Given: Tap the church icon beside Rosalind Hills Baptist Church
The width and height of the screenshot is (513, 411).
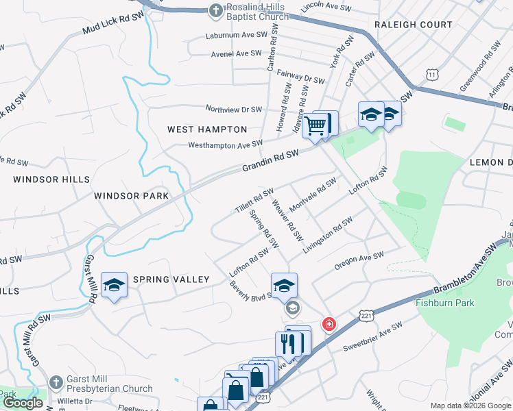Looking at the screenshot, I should (x=215, y=10).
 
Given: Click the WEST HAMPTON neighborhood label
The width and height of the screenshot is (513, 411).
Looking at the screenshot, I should (x=207, y=129).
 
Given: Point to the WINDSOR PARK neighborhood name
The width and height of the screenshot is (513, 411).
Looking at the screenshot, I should (x=131, y=196).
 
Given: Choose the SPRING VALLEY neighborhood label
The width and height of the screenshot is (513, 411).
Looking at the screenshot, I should (x=171, y=279).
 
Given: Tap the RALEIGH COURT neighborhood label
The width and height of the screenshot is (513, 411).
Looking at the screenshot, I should (x=414, y=25).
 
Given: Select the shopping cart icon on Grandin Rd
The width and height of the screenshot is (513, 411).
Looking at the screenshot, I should (x=315, y=126).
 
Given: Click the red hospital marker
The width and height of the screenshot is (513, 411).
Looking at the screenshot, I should (x=329, y=323).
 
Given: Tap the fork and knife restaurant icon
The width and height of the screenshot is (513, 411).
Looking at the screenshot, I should (x=288, y=343).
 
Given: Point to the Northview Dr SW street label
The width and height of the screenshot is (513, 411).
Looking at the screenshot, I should (x=235, y=110).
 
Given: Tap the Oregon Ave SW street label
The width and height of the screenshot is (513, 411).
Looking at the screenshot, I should (x=359, y=260).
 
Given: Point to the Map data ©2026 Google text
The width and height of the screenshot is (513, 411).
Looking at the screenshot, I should (x=469, y=406).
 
